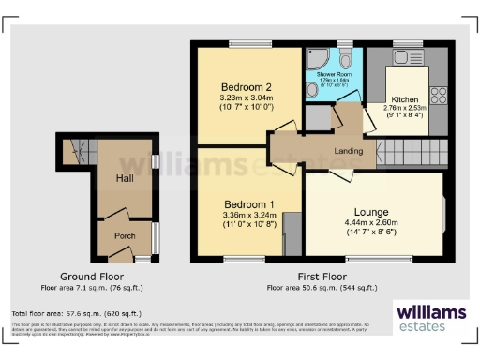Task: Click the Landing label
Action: coord(348,151)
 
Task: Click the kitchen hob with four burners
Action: coord(438,95)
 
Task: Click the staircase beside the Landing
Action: coord(413,150)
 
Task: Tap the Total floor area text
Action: coord(77,313)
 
